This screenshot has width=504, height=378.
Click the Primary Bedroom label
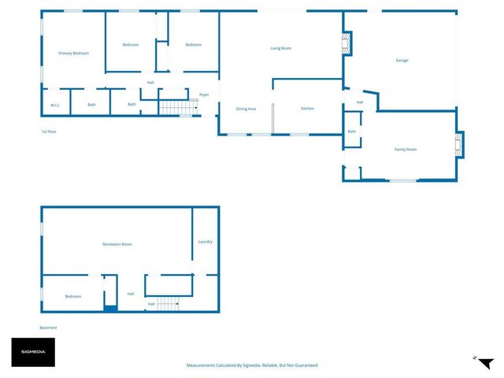point(73,53)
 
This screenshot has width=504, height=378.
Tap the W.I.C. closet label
point(55,105)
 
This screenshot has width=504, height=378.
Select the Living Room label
point(281,48)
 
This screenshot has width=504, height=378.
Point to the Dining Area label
point(246,109)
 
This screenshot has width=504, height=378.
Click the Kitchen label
point(307,109)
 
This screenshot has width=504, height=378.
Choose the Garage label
point(402,60)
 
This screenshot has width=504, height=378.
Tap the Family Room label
point(406,149)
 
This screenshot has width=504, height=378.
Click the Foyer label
point(204,94)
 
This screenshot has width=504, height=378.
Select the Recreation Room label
point(117,244)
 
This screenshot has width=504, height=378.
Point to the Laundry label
point(206,242)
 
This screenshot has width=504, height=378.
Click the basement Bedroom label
point(73,296)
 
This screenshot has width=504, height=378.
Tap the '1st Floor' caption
point(49,132)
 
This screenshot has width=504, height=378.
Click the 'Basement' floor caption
point(49,328)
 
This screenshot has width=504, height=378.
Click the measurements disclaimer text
point(252,365)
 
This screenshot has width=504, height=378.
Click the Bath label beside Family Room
point(352,132)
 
